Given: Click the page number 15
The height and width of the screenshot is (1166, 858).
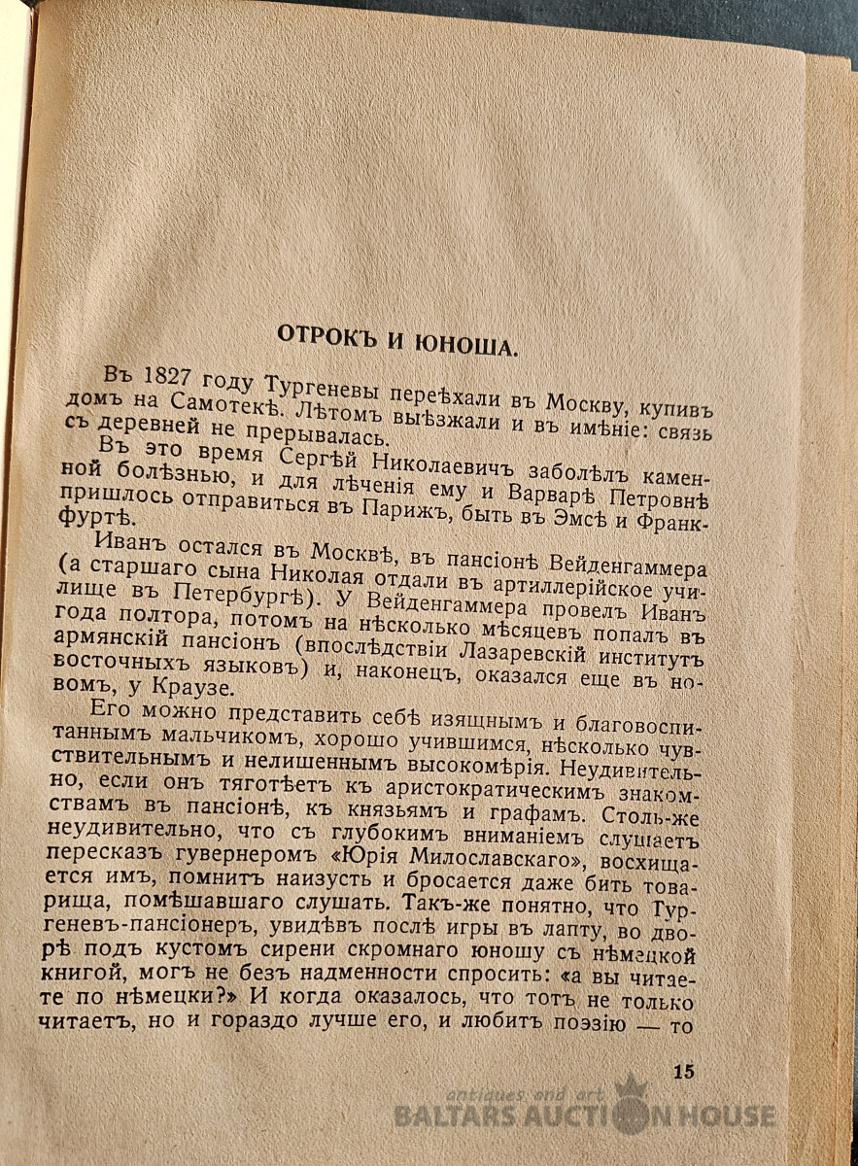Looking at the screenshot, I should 683,1072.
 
